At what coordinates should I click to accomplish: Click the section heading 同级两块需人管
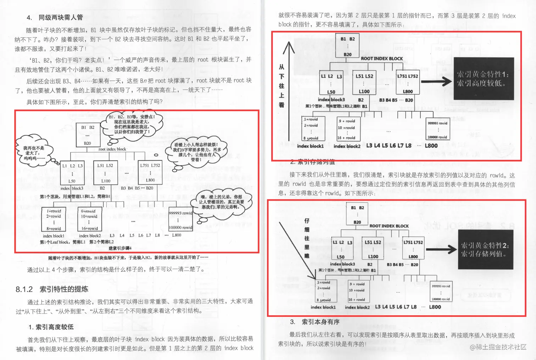tap(60, 17)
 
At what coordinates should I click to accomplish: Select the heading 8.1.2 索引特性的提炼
tap(52, 289)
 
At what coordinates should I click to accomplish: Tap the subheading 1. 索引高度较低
tap(51, 327)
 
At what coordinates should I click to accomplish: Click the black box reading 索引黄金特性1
tap(483, 79)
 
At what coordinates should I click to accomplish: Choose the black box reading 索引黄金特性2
tap(485, 249)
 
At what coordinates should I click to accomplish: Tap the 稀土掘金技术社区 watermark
tap(498, 347)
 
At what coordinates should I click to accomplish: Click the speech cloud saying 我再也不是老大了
tap(34, 151)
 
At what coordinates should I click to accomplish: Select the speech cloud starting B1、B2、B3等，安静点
tap(132, 124)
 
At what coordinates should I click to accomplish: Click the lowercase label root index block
tap(112, 149)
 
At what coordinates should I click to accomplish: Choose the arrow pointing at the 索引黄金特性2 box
tap(441, 249)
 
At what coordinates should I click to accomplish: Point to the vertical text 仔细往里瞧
tap(307, 238)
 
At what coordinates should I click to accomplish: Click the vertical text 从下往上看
tap(281, 85)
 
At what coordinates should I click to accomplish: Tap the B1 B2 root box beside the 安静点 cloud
tap(87, 135)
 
